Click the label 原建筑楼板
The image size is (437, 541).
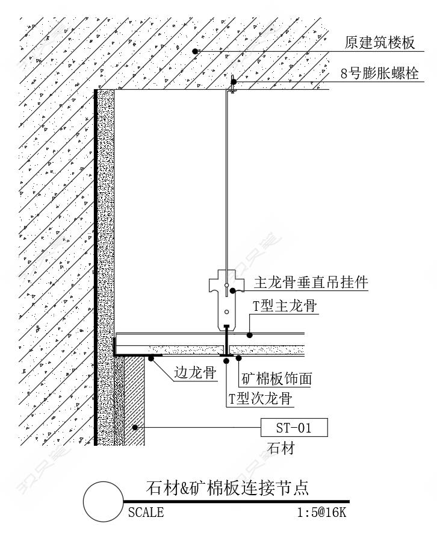[x=379, y=42]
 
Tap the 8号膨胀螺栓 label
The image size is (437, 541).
[x=379, y=73]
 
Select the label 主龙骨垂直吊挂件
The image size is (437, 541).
[x=311, y=282]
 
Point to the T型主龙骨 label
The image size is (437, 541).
[x=285, y=305]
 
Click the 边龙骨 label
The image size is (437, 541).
[x=195, y=372]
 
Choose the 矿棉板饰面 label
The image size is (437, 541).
[x=277, y=378]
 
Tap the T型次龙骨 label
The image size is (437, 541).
[x=261, y=398]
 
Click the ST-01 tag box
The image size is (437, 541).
[x=294, y=428]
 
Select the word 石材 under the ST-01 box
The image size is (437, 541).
[x=281, y=448]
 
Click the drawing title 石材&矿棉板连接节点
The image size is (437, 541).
[x=227, y=487]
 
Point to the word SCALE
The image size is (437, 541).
[x=146, y=512]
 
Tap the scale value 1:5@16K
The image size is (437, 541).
[x=321, y=512]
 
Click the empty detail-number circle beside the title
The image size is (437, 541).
[x=104, y=502]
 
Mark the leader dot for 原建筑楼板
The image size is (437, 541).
[x=195, y=51]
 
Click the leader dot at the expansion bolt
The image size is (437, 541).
[x=234, y=82]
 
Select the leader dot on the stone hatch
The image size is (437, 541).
[x=135, y=427]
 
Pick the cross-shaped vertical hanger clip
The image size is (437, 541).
[x=226, y=300]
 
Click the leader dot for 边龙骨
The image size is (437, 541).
[x=151, y=358]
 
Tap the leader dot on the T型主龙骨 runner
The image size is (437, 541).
[x=250, y=335]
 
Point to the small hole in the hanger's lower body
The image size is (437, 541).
[x=226, y=312]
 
